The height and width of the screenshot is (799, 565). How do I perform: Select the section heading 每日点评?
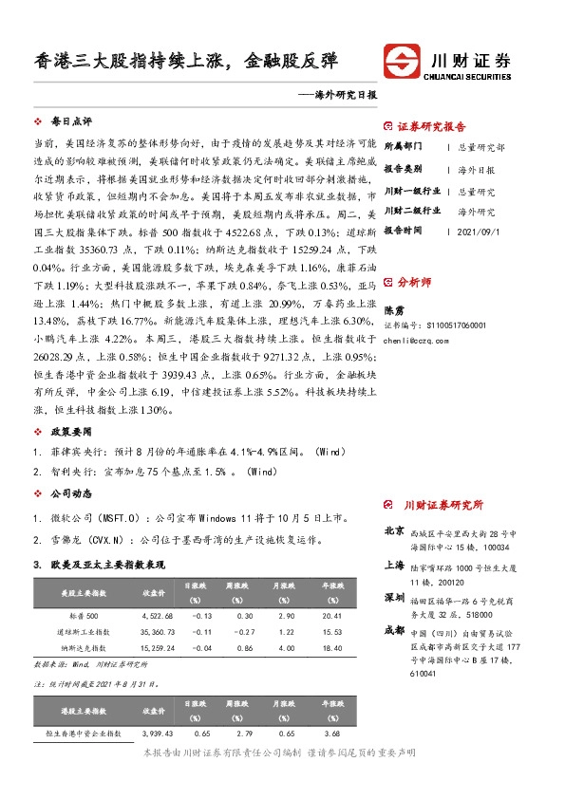(x=71, y=123)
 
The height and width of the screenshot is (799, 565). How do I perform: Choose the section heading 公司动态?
(x=71, y=494)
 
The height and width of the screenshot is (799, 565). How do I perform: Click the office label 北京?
(x=393, y=530)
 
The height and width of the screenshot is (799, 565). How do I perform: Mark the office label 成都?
(x=393, y=629)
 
